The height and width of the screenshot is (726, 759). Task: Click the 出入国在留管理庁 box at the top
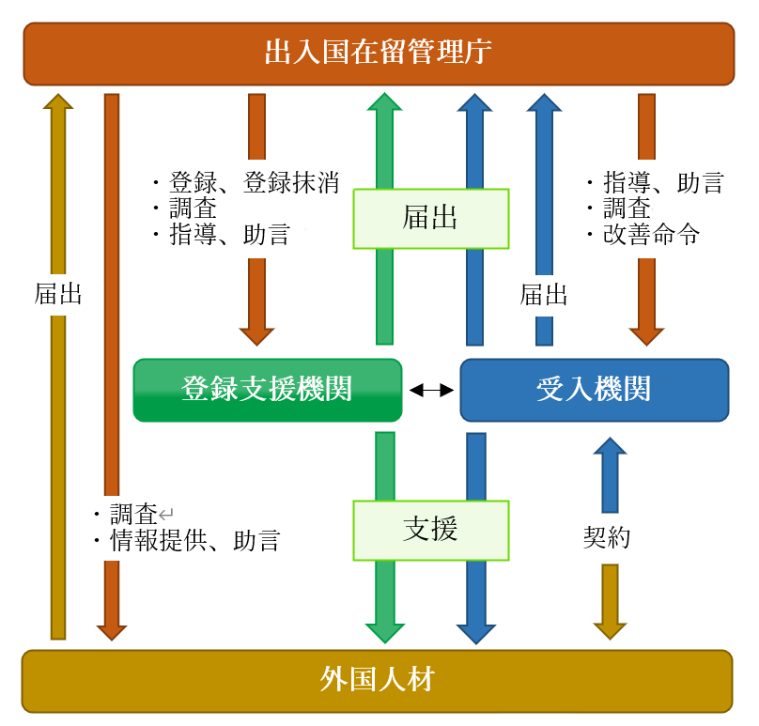click(379, 53)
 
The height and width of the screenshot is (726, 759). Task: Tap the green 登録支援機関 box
click(268, 389)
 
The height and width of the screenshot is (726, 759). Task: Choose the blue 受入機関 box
click(594, 389)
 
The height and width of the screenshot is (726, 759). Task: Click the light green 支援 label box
click(430, 530)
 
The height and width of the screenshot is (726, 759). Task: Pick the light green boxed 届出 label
click(430, 219)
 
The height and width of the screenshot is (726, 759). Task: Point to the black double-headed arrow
click(431, 390)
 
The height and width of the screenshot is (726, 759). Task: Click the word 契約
click(607, 537)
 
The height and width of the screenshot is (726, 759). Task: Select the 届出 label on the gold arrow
click(58, 295)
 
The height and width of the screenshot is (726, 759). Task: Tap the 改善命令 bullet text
click(651, 235)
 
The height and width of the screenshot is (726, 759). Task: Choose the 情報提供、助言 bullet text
click(194, 541)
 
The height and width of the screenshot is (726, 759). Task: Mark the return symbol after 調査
click(166, 514)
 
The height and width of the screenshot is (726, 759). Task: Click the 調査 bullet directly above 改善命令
click(627, 209)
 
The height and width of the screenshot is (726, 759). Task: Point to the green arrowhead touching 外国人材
click(384, 632)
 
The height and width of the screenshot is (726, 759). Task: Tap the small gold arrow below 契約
click(610, 602)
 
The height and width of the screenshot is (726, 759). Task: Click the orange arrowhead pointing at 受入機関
click(646, 335)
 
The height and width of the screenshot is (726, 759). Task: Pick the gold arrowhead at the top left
click(58, 101)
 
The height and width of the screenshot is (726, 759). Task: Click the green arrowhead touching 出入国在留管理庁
click(384, 101)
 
